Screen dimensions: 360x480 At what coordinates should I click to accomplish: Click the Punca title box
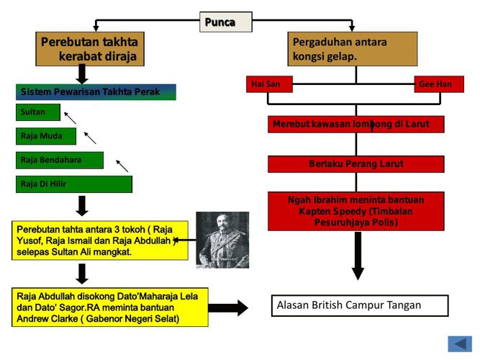[x=225, y=22]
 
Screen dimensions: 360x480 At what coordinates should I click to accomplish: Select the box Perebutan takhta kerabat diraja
[x=89, y=49]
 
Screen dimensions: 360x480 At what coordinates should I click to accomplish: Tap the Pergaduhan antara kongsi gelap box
[x=352, y=49]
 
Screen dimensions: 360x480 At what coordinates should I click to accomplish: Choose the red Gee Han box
[x=438, y=84]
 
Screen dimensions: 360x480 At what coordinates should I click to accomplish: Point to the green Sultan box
[x=37, y=112]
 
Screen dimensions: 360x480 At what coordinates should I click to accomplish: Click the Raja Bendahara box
[x=59, y=160]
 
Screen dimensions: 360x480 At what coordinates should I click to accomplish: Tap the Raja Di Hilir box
[x=73, y=184]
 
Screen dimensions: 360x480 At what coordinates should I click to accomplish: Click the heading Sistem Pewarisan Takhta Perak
[x=96, y=92]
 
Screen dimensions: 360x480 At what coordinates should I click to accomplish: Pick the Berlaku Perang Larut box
[x=356, y=164]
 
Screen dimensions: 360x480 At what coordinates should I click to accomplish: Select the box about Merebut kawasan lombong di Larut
[x=356, y=125]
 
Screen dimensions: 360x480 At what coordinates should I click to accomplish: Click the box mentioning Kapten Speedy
[x=356, y=211]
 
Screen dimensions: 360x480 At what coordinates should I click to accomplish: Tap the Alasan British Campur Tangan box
[x=359, y=305]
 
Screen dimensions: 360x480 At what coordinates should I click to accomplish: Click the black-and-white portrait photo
[x=222, y=240]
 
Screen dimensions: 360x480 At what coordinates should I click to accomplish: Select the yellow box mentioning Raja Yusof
[x=100, y=240]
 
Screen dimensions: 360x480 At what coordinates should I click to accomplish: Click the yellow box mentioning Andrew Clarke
[x=109, y=307]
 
